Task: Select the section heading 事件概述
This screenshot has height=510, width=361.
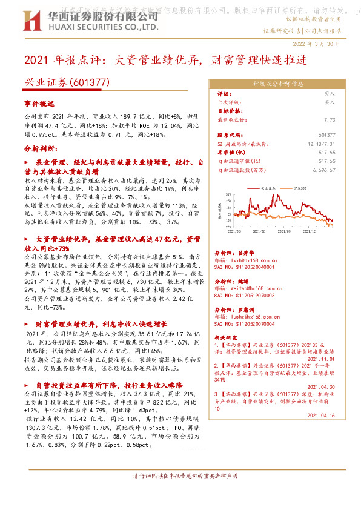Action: tap(39, 105)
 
